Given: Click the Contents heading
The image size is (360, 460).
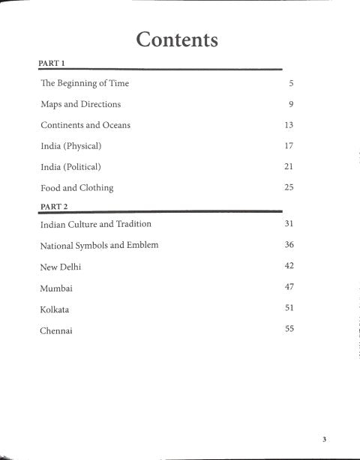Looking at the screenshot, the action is (x=177, y=39).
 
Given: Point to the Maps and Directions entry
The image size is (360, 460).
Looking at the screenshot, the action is (x=80, y=104).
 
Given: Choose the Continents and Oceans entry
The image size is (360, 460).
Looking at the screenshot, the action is (x=85, y=125).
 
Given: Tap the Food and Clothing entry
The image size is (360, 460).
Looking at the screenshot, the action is (x=77, y=187).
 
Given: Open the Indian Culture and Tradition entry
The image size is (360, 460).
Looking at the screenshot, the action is (x=95, y=224).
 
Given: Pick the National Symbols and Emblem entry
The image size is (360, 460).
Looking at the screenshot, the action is (x=99, y=245).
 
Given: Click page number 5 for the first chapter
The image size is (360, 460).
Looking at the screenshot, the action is (x=289, y=84).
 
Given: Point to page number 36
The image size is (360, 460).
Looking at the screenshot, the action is (x=289, y=245).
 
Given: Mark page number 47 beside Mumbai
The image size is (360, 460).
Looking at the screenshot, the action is (x=289, y=286).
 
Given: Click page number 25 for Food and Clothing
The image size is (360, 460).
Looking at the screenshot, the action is (x=289, y=187).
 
